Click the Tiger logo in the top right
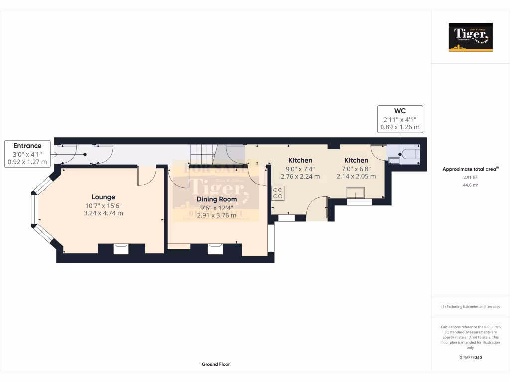470,37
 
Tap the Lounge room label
103,197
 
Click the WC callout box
400,119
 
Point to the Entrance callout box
27,154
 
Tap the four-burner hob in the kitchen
278,193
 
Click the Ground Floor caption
216,364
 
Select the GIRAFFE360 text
470,357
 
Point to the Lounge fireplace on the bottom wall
121,248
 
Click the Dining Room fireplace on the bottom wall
215,248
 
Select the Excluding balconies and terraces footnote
470,307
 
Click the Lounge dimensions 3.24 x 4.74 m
103,213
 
